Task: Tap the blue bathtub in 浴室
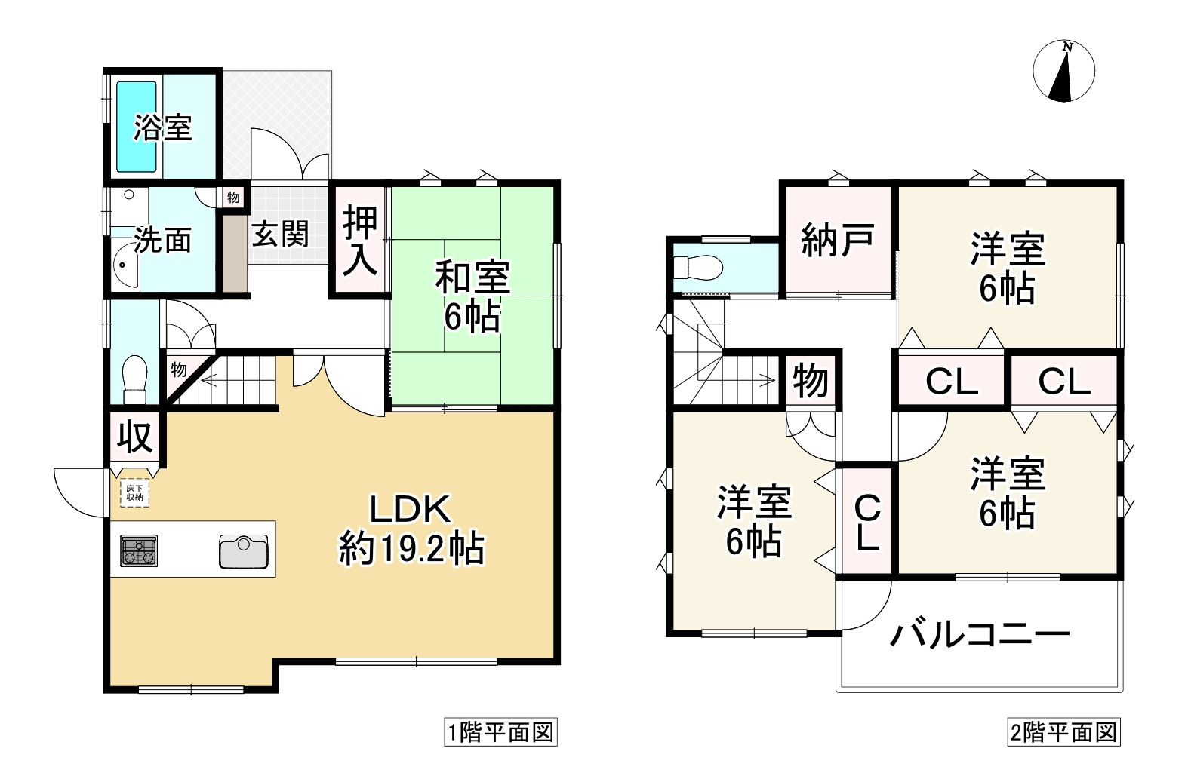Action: coord(136,127)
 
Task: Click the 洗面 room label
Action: coord(162,240)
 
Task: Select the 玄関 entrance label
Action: coord(280,234)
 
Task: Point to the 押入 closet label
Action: coord(360,241)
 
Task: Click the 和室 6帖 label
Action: coord(472,296)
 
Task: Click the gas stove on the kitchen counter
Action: coord(139,550)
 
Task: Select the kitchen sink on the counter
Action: coord(244,551)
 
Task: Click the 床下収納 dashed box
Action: coord(134,493)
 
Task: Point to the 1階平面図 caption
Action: coord(500,732)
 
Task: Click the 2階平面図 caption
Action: coord(1063,732)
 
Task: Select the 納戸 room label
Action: coord(837,240)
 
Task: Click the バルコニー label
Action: coord(979,635)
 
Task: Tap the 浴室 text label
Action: coord(163,127)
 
